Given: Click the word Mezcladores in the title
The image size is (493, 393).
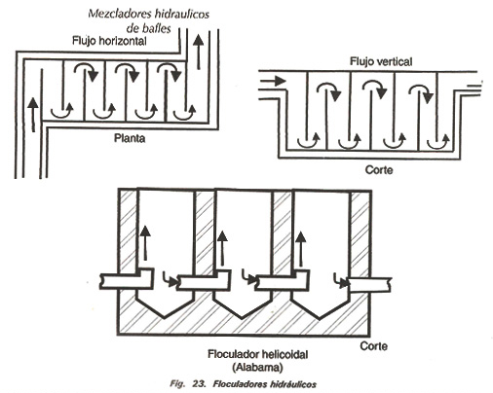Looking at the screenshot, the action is [x=120, y=14].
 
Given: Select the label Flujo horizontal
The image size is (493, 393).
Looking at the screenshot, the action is [x=109, y=41].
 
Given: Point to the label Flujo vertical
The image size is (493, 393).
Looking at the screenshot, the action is [x=381, y=61].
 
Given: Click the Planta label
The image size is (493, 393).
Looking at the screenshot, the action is [x=130, y=138].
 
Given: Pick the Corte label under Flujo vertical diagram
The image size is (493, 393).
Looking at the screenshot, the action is [x=379, y=170].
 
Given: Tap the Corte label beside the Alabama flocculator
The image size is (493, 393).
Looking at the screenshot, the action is [x=374, y=346].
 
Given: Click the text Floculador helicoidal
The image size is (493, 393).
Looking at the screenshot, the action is [x=258, y=354].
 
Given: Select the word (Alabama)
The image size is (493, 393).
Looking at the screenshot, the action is [x=257, y=368].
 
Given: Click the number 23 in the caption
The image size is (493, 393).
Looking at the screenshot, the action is [x=199, y=384].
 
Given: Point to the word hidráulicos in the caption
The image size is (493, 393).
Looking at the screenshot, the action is [x=292, y=384].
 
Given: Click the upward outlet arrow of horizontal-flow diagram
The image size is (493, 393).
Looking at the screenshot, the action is [x=199, y=52].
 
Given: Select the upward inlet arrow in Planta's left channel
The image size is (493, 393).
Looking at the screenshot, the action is [x=33, y=115].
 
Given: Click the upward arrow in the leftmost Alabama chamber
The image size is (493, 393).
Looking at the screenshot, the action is [x=145, y=243].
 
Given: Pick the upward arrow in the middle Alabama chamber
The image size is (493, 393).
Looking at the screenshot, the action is [x=222, y=248].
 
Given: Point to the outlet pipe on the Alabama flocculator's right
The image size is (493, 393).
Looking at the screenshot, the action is [x=369, y=285].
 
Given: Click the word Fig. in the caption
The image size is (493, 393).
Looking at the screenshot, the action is [x=177, y=384].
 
